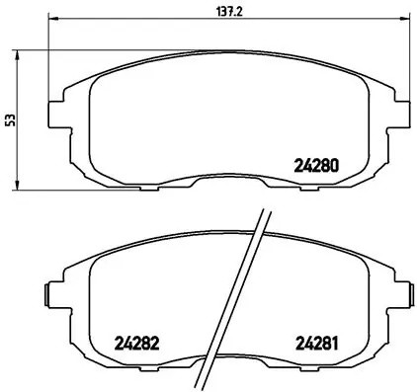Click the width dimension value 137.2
(x=206, y=12)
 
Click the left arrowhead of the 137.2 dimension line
(x=52, y=21)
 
